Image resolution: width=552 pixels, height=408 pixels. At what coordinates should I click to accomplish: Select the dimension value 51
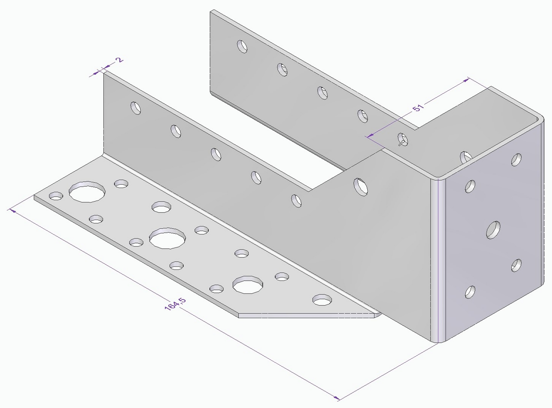point(418,107)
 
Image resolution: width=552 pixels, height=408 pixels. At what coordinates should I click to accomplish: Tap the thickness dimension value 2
point(120,60)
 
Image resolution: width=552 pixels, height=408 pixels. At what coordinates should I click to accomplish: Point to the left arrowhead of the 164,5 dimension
point(11,210)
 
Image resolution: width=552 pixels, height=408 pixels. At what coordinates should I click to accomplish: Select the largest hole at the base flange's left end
point(87,192)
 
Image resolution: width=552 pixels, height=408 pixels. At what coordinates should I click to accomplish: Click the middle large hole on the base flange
point(168,238)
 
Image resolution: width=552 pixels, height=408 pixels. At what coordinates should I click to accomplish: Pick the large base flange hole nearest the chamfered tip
point(248,284)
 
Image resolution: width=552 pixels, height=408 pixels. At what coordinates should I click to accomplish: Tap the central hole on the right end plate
point(493,230)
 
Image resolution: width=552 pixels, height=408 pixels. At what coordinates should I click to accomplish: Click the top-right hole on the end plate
point(516,159)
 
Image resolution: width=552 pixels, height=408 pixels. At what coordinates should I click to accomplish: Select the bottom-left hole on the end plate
point(470,292)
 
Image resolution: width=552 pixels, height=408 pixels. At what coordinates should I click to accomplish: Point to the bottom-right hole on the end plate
point(516,265)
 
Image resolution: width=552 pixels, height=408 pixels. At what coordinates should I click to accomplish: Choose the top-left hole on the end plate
point(470,186)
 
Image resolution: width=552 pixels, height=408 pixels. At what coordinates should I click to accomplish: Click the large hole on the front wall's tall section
point(360,187)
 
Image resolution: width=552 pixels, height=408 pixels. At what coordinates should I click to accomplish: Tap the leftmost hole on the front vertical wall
point(136,108)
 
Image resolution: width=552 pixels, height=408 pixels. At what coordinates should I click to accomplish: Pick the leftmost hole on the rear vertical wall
point(242,46)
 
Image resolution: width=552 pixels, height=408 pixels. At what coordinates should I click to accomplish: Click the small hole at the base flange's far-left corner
point(56,196)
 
